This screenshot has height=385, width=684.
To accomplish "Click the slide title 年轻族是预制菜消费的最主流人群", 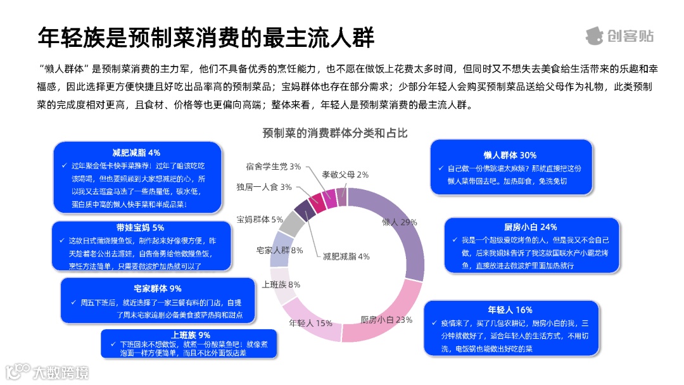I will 206,37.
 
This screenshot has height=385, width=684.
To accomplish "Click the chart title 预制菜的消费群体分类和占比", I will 335,133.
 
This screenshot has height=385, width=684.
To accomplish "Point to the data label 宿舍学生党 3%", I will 273,167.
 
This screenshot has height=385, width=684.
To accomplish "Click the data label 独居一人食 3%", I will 264,187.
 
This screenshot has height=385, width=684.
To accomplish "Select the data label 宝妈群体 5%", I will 260,219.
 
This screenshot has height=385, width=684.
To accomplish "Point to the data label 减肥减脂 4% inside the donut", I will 346,256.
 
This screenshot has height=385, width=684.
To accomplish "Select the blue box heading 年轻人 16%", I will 510,310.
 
